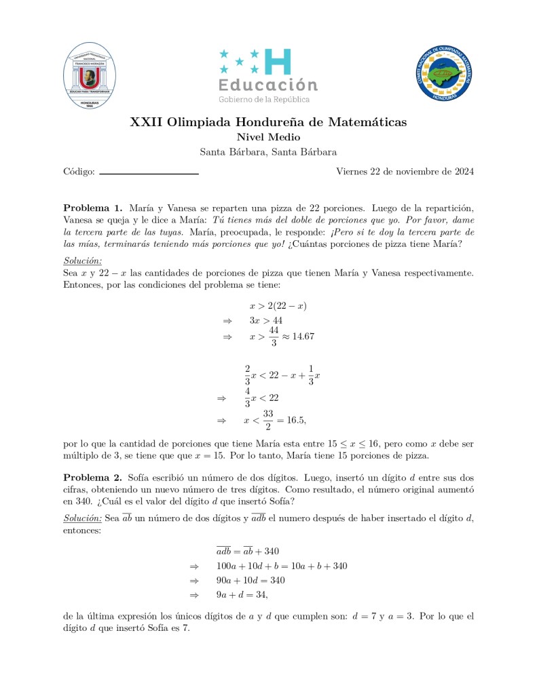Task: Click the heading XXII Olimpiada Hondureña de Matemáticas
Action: pos(268,123)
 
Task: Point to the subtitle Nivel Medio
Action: pos(268,138)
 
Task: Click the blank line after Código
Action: pos(149,174)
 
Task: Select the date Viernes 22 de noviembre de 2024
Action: pos(405,172)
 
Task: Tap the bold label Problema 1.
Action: pos(93,208)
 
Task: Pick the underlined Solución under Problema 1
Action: pos(83,261)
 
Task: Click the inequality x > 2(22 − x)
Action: pos(278,306)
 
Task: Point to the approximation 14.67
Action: pos(301,336)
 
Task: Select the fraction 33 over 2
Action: pos(269,421)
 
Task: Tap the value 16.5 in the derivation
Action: pos(296,421)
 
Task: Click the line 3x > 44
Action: pos(266,320)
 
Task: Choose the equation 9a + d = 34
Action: pos(242,595)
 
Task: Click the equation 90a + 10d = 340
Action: pos(251,580)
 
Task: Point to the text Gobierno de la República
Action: pos(263,100)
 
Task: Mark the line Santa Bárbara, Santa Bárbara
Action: pos(268,152)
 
